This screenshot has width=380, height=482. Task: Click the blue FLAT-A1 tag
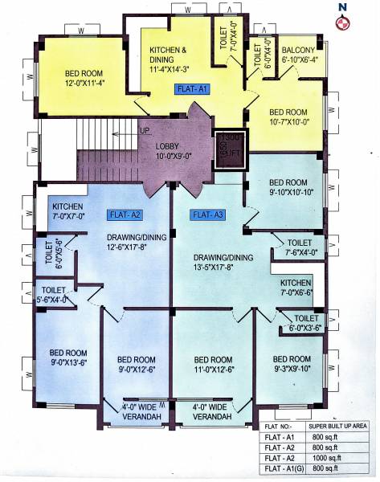click(x=191, y=90)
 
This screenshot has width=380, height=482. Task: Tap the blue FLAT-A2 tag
click(x=125, y=214)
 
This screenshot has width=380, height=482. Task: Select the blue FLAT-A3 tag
click(x=207, y=214)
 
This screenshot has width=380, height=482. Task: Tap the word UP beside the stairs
click(x=145, y=130)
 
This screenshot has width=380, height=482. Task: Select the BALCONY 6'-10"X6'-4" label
click(x=300, y=54)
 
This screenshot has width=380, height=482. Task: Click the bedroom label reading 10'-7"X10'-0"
click(x=288, y=116)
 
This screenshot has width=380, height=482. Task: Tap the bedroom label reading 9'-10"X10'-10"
click(x=288, y=186)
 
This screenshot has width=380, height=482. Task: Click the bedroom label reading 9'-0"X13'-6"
click(x=68, y=357)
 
